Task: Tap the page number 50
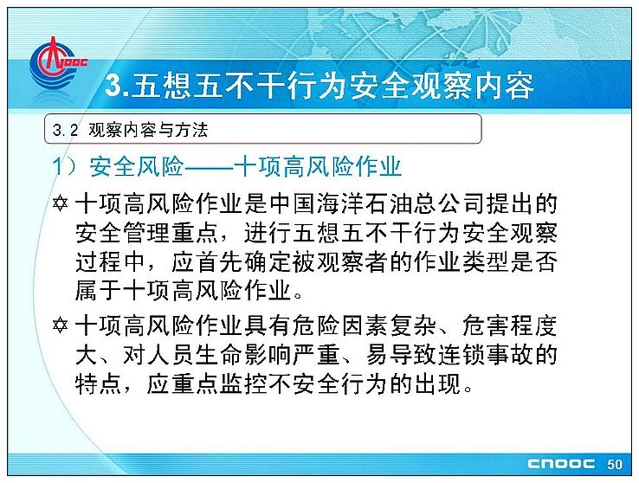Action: point(615,464)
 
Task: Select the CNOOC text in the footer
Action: point(561,464)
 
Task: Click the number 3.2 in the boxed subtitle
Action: point(65,131)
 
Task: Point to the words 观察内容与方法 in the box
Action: point(148,131)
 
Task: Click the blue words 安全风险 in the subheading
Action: point(137,166)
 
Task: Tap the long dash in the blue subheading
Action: point(209,167)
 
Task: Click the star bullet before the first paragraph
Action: point(60,203)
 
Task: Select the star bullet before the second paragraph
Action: point(60,325)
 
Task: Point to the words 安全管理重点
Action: point(147,234)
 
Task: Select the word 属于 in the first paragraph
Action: point(99,291)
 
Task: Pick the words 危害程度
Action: point(510,325)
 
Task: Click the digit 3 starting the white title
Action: point(113,86)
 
